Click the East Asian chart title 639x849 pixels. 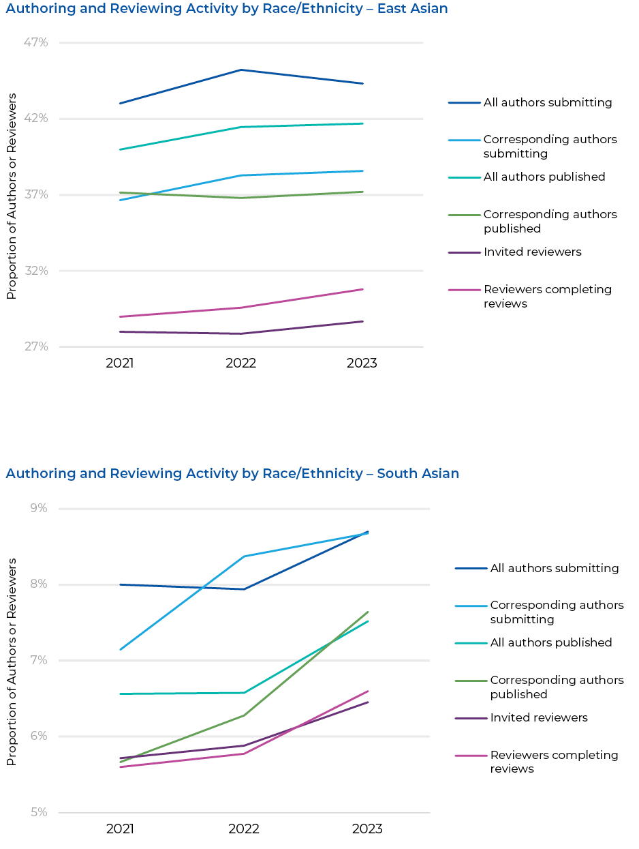click(x=227, y=9)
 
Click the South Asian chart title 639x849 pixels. click(x=232, y=473)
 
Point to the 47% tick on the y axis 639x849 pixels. click(x=35, y=42)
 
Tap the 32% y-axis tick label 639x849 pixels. click(x=35, y=271)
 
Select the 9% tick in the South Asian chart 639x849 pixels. click(x=38, y=508)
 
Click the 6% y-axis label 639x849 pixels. click(x=38, y=736)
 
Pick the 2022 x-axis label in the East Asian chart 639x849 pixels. click(x=240, y=363)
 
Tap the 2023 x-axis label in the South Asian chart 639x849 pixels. click(x=367, y=829)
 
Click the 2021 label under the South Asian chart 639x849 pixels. click(x=120, y=829)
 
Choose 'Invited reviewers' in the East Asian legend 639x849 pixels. click(x=532, y=252)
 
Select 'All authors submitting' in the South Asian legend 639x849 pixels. click(x=554, y=568)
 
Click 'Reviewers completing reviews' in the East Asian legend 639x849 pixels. click(x=547, y=296)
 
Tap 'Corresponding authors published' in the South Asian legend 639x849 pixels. click(x=557, y=687)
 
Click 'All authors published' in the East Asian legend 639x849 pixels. click(x=544, y=177)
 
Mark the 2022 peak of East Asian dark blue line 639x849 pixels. click(x=241, y=70)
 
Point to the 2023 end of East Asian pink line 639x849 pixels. click(x=362, y=289)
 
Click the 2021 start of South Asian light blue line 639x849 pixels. click(x=120, y=649)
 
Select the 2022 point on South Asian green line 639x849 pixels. click(x=244, y=715)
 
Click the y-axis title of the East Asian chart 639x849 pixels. click(x=11, y=196)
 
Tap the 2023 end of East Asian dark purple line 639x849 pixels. click(x=362, y=321)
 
